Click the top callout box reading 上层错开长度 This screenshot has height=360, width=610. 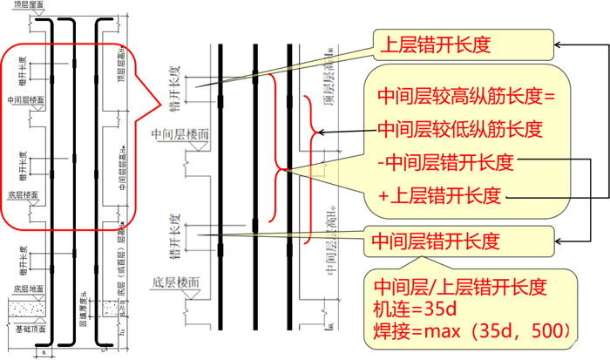[x=463, y=45]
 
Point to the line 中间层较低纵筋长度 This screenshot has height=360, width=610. [x=460, y=129]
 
